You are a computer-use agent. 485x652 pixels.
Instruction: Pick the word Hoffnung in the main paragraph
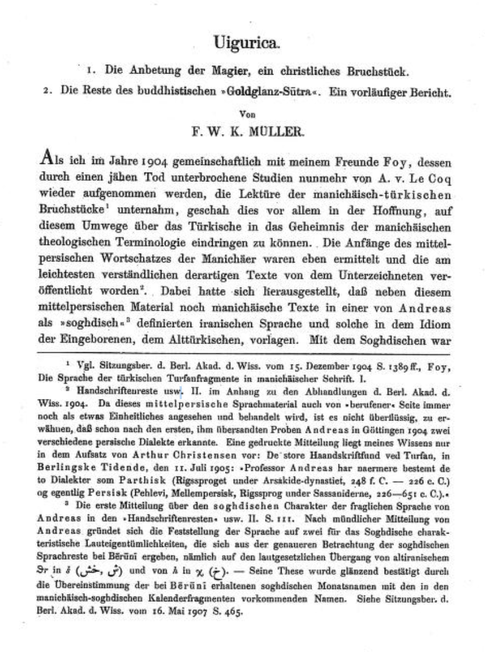(x=353, y=204)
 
